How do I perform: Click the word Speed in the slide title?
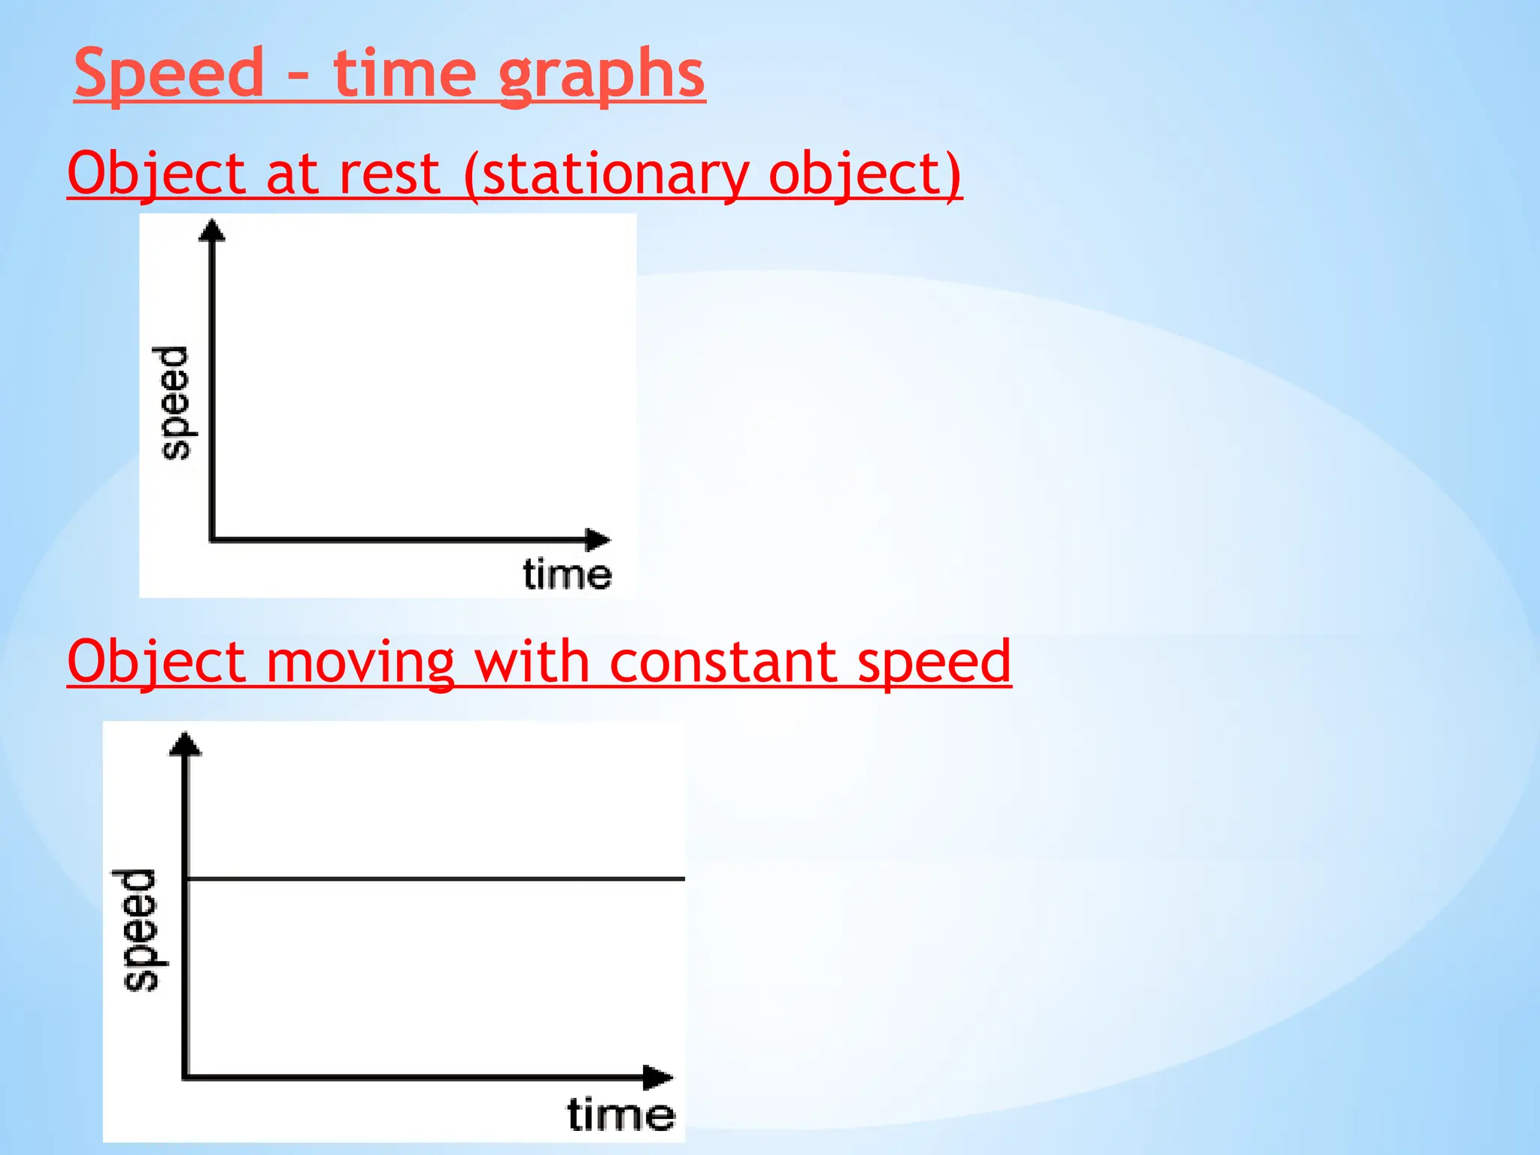pos(169,73)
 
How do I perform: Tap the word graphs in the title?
pos(602,75)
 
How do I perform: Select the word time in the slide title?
pos(405,73)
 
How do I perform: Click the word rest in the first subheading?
pos(390,174)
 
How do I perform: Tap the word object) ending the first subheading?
pos(865,175)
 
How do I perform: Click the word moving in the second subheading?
pos(360,662)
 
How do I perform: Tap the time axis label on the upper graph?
pos(567,574)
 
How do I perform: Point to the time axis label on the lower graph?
pos(620,1114)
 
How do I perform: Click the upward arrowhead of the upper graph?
pos(212,229)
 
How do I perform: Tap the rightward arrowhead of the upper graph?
pos(598,539)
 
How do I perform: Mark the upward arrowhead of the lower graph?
pos(186,744)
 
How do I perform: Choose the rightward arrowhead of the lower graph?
pos(658,1078)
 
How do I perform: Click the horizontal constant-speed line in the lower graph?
pos(436,878)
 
